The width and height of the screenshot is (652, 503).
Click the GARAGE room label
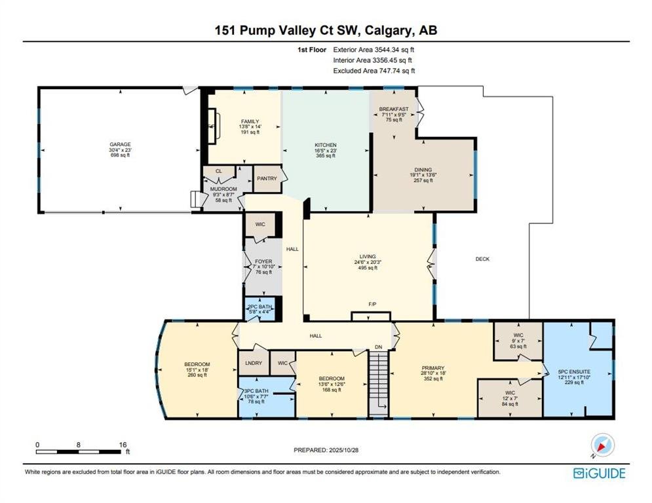(120, 145)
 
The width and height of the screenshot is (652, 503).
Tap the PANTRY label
(267, 178)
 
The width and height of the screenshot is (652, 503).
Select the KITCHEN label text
(326, 145)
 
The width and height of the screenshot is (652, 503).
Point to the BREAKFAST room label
(394, 109)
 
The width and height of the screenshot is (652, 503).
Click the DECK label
(482, 259)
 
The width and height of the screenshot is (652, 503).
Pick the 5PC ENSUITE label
(574, 371)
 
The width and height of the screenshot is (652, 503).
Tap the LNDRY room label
(254, 363)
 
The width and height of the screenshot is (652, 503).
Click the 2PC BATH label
(260, 307)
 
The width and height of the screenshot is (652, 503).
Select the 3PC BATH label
(256, 391)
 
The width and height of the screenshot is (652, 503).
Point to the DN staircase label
(378, 347)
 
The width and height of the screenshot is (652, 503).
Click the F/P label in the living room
(373, 305)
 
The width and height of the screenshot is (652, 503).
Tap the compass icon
(602, 445)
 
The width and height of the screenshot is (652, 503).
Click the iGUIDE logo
(599, 474)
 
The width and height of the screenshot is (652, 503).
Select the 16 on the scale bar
(123, 445)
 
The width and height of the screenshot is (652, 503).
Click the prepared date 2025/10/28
(343, 450)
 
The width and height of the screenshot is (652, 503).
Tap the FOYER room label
(263, 261)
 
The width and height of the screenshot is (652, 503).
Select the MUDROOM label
(223, 189)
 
